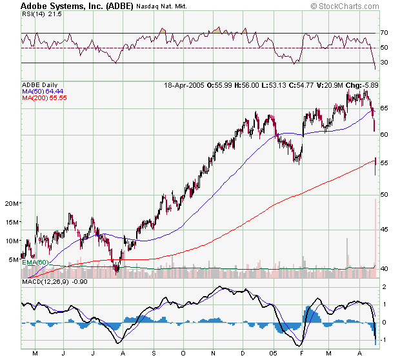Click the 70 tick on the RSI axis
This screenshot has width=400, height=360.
pos(384,33)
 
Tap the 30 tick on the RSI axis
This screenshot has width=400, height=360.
pos(384,63)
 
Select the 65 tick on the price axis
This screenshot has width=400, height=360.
pos(384,108)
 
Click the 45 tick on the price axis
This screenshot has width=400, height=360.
pos(384,230)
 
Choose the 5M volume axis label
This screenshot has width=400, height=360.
pos(13,260)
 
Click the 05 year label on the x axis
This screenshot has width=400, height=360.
pos(274,353)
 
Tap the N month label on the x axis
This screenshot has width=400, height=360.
pos(214,353)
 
